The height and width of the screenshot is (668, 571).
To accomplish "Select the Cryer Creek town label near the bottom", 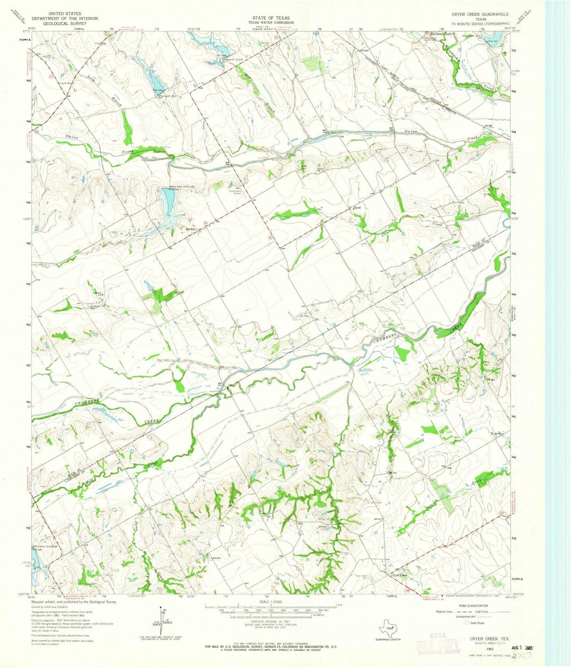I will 398,575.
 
